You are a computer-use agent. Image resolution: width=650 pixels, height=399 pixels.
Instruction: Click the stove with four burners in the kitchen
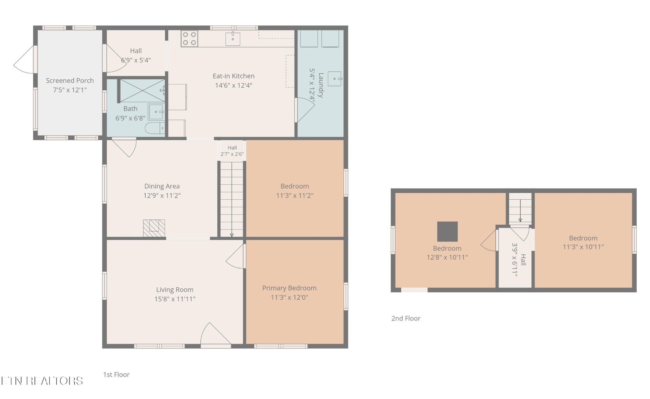coord(189,39)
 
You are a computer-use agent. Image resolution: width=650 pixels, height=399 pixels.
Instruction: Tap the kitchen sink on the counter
coord(233,39)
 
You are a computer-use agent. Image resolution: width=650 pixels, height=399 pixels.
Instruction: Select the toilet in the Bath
coord(155,128)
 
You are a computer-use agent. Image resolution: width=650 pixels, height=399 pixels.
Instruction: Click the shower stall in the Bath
coord(143,90)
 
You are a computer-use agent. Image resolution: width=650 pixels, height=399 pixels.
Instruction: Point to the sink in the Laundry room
coord(335,79)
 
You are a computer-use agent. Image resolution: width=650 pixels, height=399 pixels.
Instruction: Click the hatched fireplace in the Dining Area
coord(154,228)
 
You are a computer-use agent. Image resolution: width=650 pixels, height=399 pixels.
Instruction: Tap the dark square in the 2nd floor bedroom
coord(448,231)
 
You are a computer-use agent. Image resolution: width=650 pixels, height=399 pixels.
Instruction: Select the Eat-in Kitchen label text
coord(234,76)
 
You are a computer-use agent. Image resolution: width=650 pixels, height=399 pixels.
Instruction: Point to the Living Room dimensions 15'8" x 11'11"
coord(175,299)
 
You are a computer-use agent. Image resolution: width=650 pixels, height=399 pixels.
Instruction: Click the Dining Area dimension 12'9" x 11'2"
coord(162,196)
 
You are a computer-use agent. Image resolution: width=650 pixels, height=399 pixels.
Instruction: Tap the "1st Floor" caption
coord(116,375)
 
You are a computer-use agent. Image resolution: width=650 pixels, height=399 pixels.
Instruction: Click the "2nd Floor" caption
coord(406,318)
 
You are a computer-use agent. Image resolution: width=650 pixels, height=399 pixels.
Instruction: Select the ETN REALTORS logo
coord(42,381)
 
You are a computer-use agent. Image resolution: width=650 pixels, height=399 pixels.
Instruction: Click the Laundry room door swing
coord(305,110)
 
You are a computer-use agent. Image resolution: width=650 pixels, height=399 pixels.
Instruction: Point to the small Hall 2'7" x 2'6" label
coord(232,151)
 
